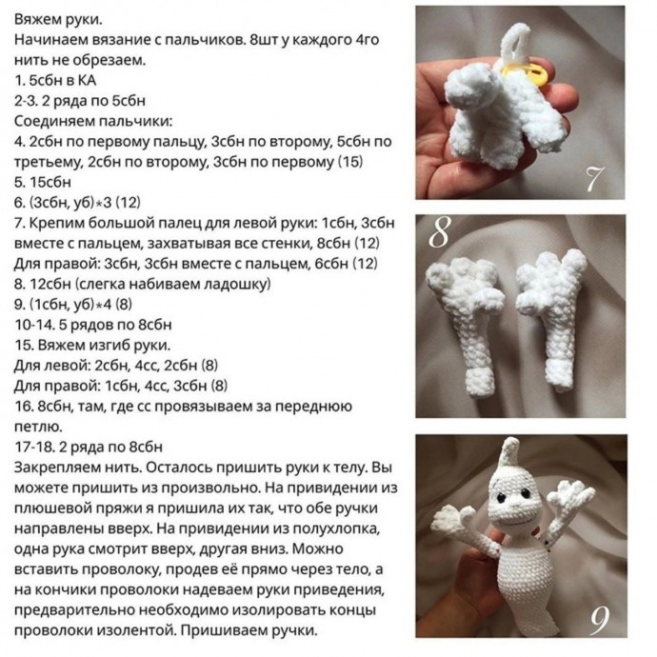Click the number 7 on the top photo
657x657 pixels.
pyautogui.click(x=595, y=177)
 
